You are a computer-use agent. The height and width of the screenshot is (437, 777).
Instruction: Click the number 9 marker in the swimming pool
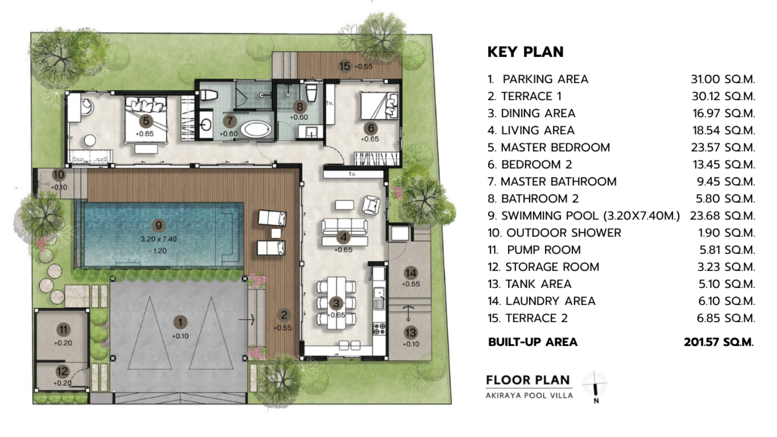[158, 225]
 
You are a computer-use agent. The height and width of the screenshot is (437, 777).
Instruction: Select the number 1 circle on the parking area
[180, 322]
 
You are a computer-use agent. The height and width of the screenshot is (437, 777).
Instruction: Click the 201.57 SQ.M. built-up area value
[719, 342]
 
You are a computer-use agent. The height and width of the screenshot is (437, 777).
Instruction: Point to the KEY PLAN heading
[525, 52]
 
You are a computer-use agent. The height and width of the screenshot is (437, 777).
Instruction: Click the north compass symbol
[595, 385]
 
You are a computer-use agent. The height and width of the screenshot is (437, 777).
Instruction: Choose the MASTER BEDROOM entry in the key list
[555, 148]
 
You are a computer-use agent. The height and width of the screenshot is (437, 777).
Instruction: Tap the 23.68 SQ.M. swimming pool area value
[722, 216]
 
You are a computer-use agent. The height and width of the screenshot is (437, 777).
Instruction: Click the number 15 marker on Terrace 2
[345, 66]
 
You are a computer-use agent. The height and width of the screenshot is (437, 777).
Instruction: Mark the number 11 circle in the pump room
[63, 330]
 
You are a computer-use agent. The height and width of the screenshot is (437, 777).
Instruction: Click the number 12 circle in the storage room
[62, 371]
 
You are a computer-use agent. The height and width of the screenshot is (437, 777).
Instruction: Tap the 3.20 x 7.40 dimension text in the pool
[159, 239]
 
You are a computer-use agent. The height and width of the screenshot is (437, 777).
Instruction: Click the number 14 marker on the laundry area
[410, 273]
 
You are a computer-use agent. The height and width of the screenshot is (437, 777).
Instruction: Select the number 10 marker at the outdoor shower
[59, 175]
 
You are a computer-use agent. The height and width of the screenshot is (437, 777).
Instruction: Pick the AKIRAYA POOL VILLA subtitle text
[529, 395]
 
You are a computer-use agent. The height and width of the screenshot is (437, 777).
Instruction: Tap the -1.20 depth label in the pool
[157, 251]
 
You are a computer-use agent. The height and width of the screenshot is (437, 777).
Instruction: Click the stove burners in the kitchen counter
[379, 329]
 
